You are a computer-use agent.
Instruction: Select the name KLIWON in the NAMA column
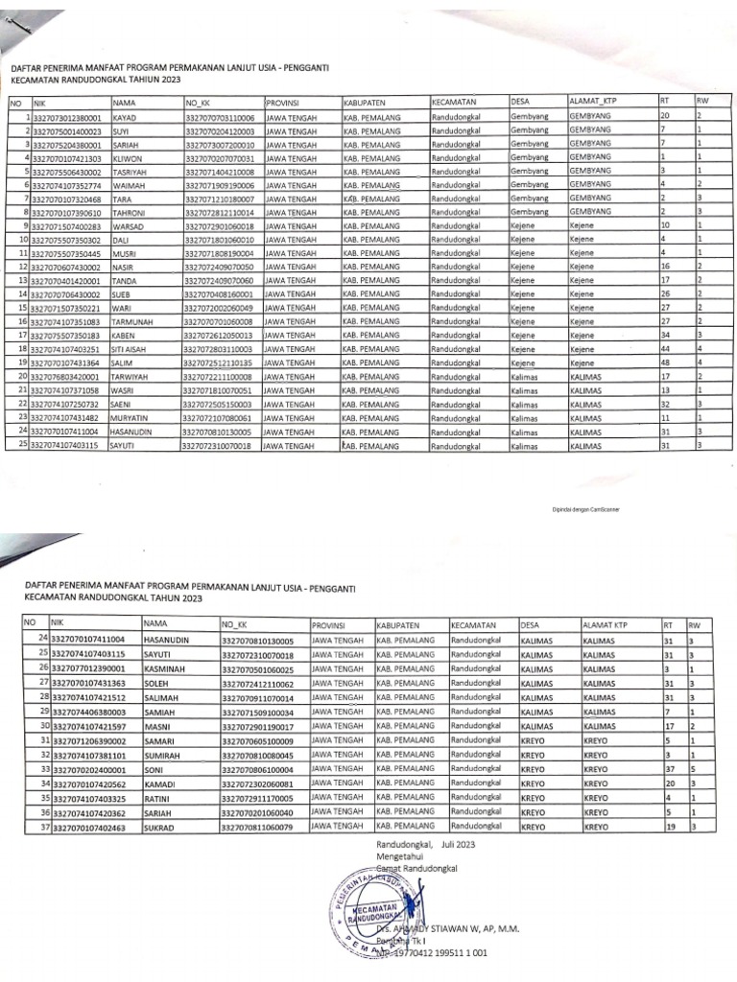130,157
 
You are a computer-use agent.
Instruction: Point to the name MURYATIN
135,418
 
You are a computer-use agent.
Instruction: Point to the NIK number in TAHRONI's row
67,212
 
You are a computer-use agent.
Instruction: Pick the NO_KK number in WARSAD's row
219,225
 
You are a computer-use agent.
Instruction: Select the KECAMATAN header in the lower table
473,623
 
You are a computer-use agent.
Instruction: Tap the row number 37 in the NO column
42,826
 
